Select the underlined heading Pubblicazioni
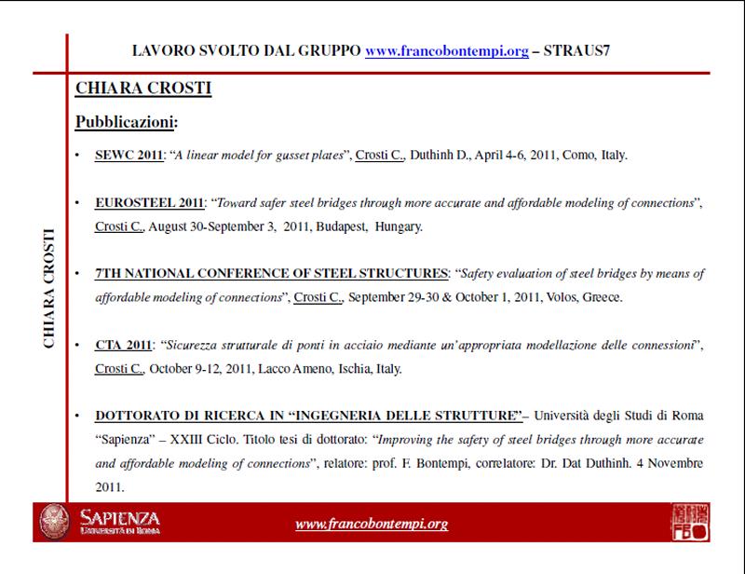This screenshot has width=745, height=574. (x=125, y=121)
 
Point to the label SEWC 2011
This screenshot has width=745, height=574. (x=129, y=155)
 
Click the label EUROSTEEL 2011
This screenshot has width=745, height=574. (x=149, y=202)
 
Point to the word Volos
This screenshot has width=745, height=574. (x=551, y=297)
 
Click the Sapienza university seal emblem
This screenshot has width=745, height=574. (x=51, y=521)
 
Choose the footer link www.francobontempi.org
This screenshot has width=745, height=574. (x=372, y=524)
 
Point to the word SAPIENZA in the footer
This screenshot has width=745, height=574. (x=119, y=516)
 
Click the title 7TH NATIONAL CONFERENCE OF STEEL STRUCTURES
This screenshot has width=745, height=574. (x=270, y=274)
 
